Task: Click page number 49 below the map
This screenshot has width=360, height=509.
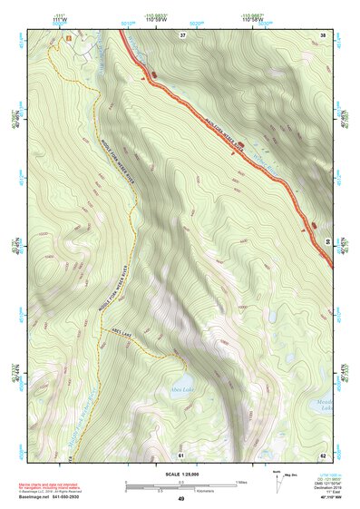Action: tap(181, 499)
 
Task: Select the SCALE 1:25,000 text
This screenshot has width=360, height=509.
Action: tap(180, 474)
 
